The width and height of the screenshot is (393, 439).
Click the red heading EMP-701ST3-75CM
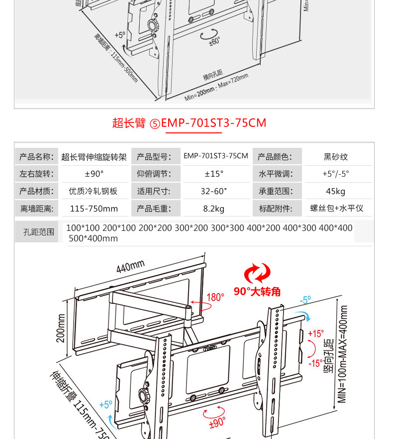point(213,123)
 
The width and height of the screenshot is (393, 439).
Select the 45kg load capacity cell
point(336,191)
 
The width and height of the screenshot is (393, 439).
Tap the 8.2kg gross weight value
point(214,209)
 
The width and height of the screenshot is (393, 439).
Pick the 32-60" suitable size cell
point(214,191)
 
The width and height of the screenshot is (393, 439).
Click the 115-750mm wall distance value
point(94,209)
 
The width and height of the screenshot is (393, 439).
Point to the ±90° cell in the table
point(94,174)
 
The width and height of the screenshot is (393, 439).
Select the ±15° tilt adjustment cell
point(214,174)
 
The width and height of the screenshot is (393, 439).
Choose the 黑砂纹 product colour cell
point(336,157)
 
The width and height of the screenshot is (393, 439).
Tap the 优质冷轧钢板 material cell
point(93,191)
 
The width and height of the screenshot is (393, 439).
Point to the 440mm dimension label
point(130,267)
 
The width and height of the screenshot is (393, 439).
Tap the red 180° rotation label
point(215,297)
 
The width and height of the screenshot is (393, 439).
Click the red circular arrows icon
point(257,274)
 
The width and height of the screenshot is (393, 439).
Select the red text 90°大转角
point(257,292)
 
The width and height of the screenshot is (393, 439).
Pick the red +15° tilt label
point(315,333)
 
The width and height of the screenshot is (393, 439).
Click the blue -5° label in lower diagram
point(305,300)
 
